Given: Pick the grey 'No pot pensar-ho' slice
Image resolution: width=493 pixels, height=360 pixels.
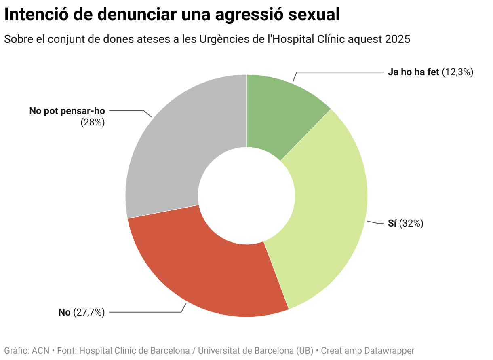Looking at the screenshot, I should coord(174,154).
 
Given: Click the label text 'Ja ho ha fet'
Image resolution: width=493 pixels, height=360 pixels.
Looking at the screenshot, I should coord(413,72).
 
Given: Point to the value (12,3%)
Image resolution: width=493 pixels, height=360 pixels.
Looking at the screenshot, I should coord(457,72).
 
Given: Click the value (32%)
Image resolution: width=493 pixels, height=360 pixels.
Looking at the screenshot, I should coord(411,223).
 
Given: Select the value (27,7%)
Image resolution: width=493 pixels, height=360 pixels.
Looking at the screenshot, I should coord(89,312).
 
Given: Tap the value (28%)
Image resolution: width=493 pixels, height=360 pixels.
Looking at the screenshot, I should coord(93,122).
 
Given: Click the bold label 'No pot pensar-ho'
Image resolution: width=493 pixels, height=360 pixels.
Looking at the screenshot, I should coord(67,111).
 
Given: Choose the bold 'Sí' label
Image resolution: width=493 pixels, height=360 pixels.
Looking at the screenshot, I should coord(392,223).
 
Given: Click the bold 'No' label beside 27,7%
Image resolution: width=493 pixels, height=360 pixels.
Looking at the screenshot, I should coord(64,312).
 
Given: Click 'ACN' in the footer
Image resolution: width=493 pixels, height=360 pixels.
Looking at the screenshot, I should coord(41,350).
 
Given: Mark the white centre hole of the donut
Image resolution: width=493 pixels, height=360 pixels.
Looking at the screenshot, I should coord(247,196).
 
